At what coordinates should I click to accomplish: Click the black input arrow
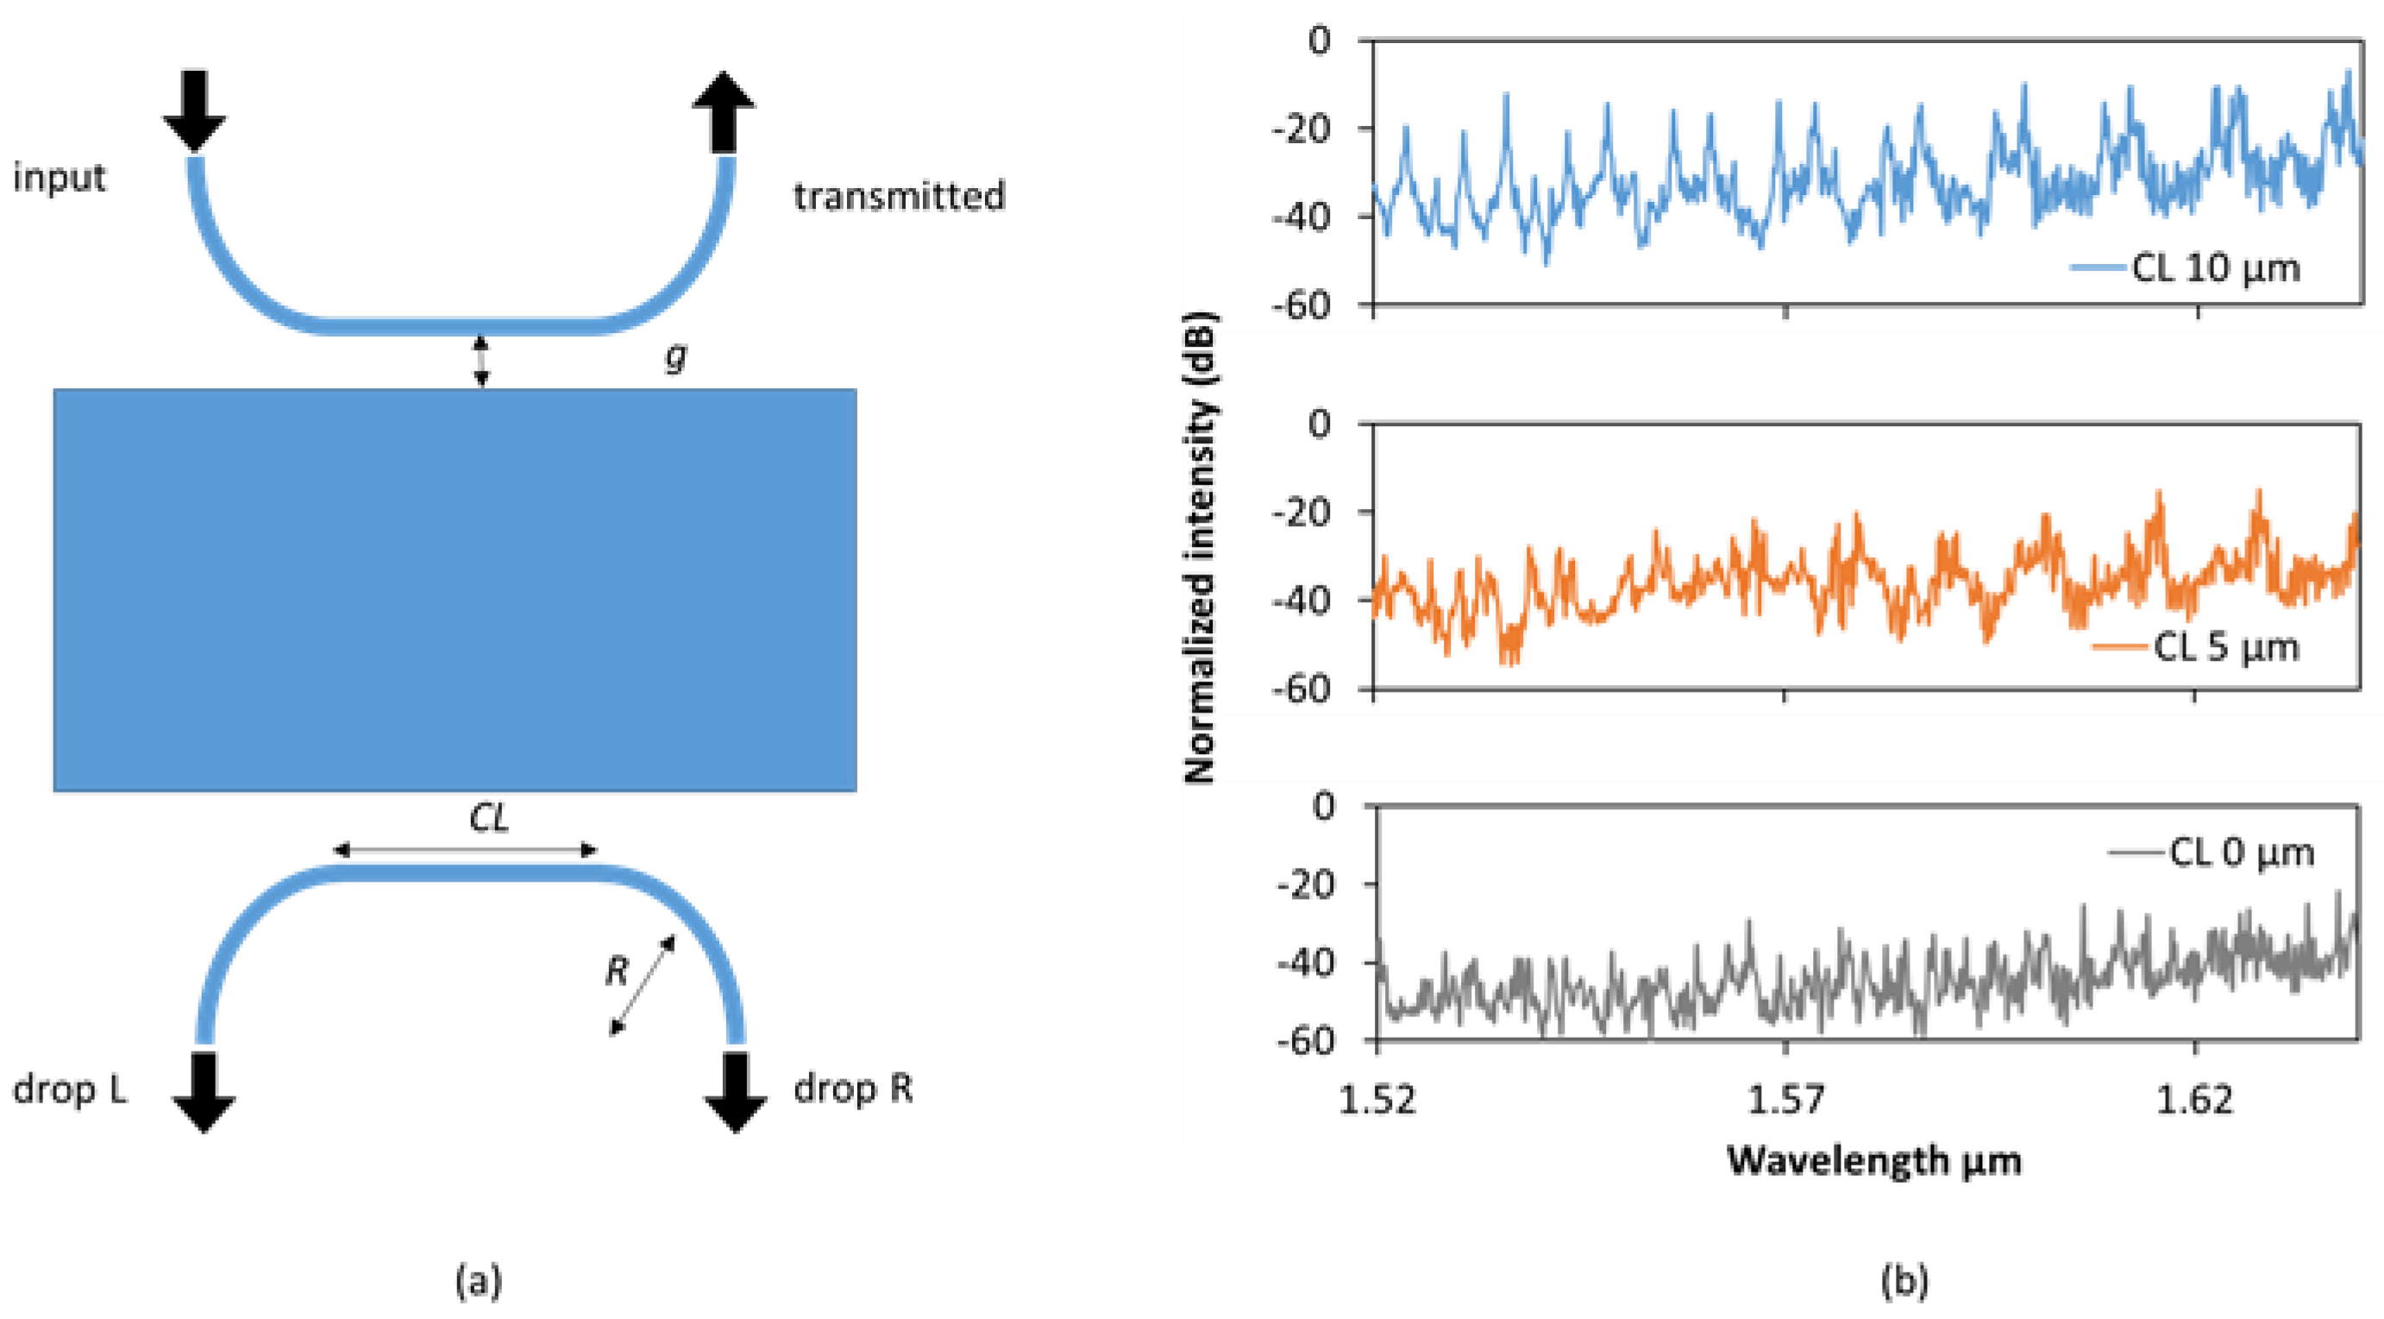pos(194,110)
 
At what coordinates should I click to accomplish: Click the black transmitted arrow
pos(724,110)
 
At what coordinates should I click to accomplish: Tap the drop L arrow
pos(204,1090)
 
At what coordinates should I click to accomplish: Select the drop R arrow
pos(736,1090)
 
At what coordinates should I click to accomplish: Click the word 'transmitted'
pos(899,196)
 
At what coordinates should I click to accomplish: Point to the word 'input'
pos(60,177)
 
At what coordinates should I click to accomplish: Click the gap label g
pos(676,356)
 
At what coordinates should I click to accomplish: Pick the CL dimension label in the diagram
pos(489,819)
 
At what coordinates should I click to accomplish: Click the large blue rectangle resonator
pos(455,589)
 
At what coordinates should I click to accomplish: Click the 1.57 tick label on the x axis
pos(1786,1100)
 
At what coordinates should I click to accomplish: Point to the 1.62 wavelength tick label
pos(2194,1100)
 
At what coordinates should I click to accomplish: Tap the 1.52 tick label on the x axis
pos(1378,1100)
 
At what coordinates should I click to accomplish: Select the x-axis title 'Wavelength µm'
pos(1874,1159)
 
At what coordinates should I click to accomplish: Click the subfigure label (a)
pos(480,1282)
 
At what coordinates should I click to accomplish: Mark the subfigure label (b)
pos(1905,1282)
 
